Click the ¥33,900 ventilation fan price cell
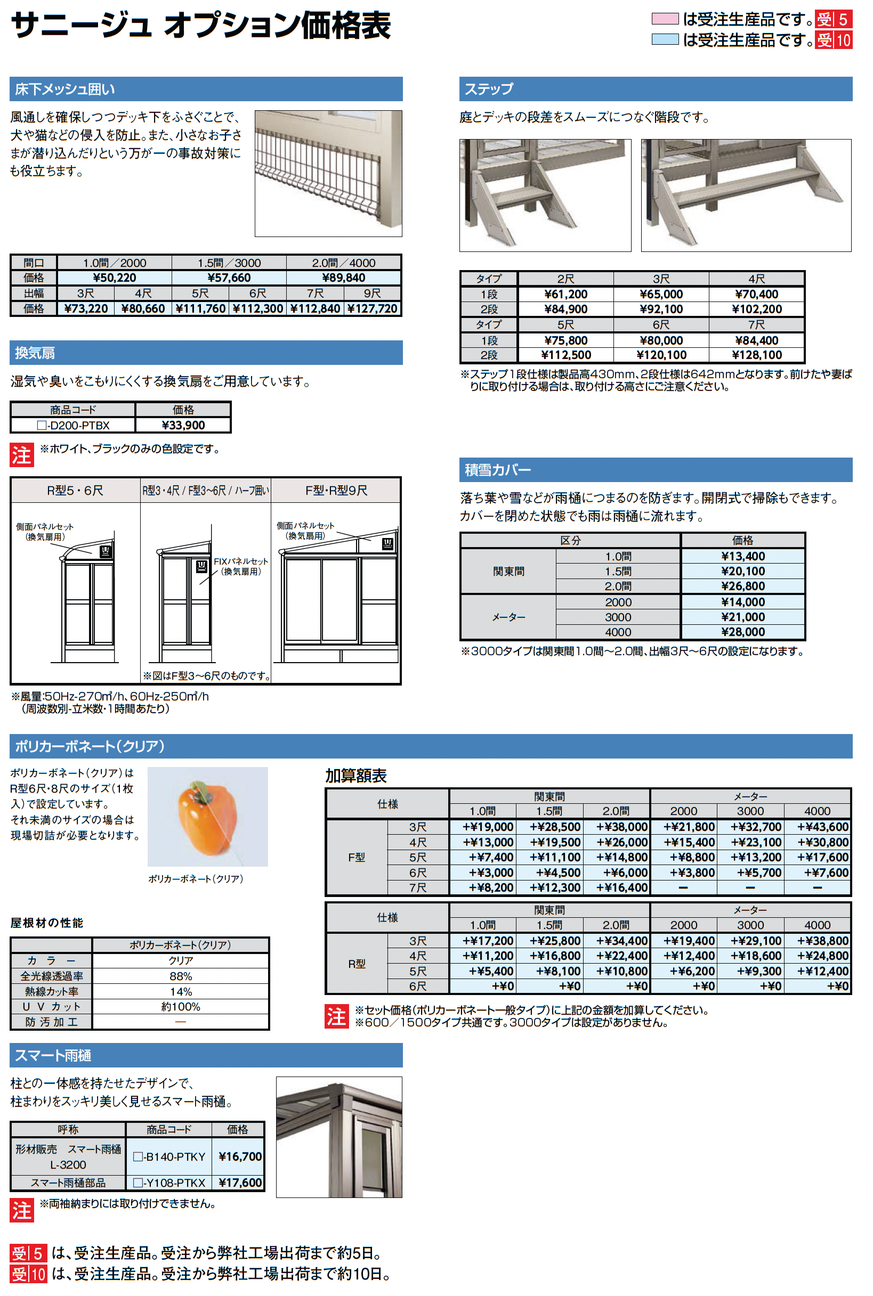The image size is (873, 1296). point(183,425)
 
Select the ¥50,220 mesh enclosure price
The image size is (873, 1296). point(114,278)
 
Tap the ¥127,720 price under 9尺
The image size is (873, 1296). point(372,308)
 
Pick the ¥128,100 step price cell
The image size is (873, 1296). point(756,355)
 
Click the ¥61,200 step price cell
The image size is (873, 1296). point(565,295)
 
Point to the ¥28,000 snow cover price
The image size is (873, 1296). point(742,632)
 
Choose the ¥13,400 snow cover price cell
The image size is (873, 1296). point(742,556)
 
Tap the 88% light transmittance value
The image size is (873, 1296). point(180,976)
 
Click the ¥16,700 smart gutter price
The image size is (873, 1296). point(240,1156)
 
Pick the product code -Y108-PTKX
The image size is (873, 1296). point(169,1183)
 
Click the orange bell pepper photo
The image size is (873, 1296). point(207,817)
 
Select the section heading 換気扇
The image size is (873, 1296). point(35,353)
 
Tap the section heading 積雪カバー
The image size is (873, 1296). point(497,470)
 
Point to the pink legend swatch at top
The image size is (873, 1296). point(664,19)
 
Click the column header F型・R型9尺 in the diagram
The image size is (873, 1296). point(336,490)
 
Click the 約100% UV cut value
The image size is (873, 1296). point(180,1007)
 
